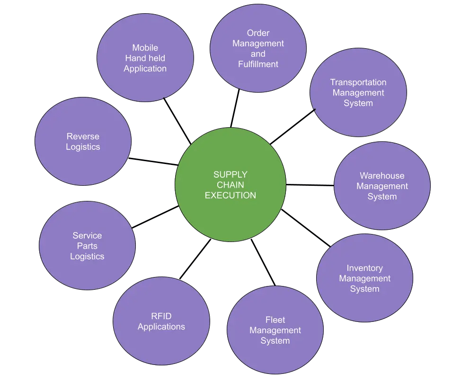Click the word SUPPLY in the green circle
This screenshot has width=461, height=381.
230,175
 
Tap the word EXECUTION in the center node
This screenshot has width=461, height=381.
230,195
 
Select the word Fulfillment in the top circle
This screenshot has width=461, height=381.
258,64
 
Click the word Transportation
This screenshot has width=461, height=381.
358,82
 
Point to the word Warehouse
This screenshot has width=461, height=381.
381,176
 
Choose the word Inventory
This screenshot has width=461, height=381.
364,268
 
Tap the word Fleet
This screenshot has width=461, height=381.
275,320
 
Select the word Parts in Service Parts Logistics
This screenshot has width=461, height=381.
87,246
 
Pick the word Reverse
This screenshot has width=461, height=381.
83,137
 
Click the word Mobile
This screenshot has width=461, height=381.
145,48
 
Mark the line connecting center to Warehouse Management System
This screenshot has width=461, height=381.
310,185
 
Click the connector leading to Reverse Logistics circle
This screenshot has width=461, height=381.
152,161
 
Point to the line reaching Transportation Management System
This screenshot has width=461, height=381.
293,126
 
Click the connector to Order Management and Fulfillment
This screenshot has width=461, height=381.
235,109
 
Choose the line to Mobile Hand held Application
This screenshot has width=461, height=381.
177,121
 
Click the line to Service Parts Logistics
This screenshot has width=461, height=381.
155,217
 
